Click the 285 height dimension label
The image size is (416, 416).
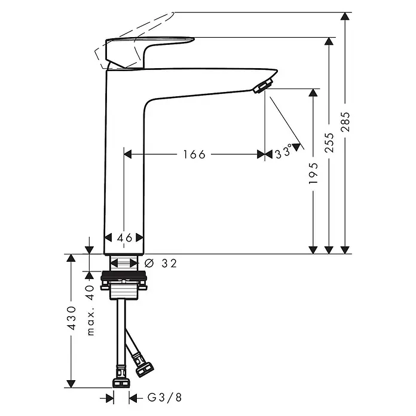click(345, 122)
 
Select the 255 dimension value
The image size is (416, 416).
click(329, 143)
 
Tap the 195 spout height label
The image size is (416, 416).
click(314, 173)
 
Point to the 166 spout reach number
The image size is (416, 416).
click(194, 154)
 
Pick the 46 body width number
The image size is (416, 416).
click(125, 238)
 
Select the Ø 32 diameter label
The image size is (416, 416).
click(161, 264)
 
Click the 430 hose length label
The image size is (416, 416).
click(71, 318)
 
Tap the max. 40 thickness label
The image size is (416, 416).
click(90, 310)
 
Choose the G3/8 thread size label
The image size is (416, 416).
click(165, 397)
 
